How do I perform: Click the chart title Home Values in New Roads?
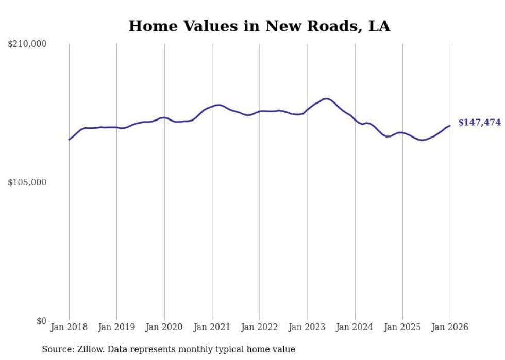pyautogui.click(x=259, y=26)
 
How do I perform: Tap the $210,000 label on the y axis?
pyautogui.click(x=27, y=44)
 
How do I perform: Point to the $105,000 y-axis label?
pyautogui.click(x=27, y=182)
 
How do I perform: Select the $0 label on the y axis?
pyautogui.click(x=41, y=321)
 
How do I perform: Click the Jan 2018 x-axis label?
pyautogui.click(x=69, y=327)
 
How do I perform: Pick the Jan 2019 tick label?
pyautogui.click(x=117, y=327)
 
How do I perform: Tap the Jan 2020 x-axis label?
pyautogui.click(x=164, y=327)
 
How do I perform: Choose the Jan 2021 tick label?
pyautogui.click(x=212, y=327)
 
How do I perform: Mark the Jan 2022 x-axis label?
pyautogui.click(x=260, y=327)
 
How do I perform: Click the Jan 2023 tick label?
pyautogui.click(x=307, y=327)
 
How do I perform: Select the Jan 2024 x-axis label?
pyautogui.click(x=355, y=327)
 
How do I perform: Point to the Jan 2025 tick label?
pyautogui.click(x=402, y=327)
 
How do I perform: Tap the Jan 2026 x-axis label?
pyautogui.click(x=450, y=327)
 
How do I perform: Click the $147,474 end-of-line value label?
pyautogui.click(x=479, y=123)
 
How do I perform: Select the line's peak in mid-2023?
pyautogui.click(x=327, y=98)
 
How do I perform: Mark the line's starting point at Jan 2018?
pyautogui.click(x=69, y=140)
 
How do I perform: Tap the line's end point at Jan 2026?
pyautogui.click(x=450, y=126)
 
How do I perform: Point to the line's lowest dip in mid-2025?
pyautogui.click(x=422, y=140)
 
